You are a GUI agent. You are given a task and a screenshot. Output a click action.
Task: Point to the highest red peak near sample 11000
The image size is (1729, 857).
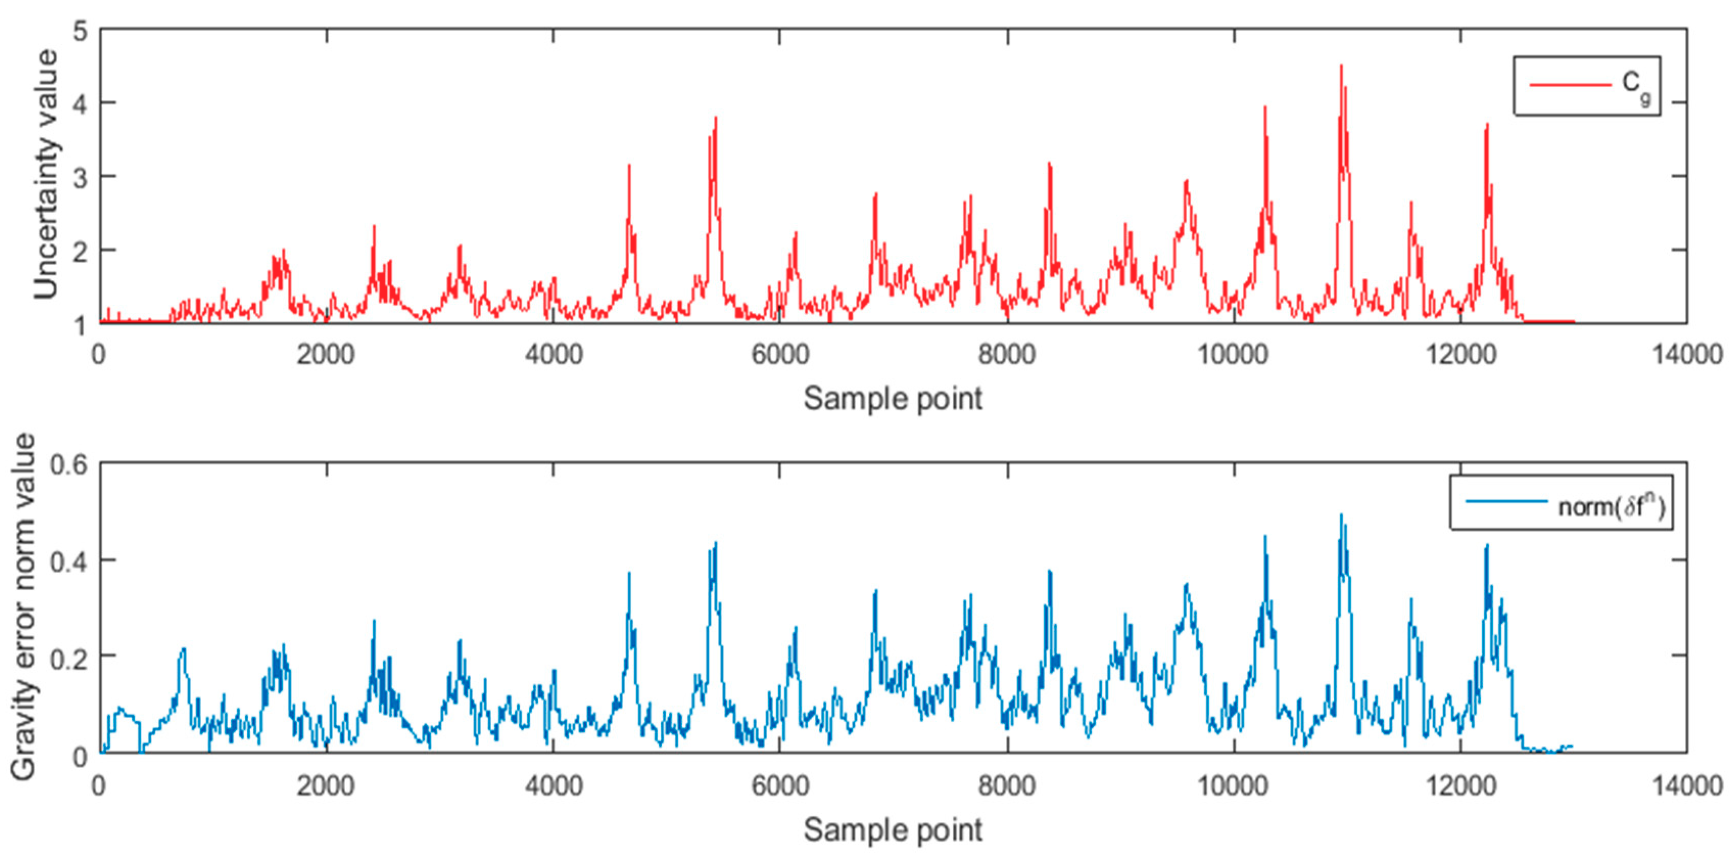click(x=1341, y=66)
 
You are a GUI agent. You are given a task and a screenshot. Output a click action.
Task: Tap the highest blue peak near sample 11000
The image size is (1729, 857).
click(x=1341, y=515)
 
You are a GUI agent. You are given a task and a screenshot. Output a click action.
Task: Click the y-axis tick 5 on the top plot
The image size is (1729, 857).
click(x=81, y=31)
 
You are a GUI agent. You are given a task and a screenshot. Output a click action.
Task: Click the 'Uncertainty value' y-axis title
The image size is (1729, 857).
click(x=45, y=175)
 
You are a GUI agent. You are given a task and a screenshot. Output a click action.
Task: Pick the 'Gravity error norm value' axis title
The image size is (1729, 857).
click(x=24, y=607)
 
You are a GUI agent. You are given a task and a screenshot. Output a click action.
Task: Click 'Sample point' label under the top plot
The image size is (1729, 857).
click(x=893, y=398)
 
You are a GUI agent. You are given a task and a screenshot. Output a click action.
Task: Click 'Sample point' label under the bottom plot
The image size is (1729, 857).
click(x=893, y=829)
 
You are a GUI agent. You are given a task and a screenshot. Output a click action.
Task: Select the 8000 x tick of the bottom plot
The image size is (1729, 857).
click(x=1007, y=785)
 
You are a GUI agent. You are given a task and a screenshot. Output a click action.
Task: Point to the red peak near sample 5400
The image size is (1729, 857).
click(x=715, y=118)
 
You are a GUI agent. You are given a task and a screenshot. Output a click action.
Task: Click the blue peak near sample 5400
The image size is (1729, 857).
click(x=715, y=542)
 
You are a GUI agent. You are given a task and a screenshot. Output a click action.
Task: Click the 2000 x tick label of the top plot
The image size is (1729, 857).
click(x=326, y=354)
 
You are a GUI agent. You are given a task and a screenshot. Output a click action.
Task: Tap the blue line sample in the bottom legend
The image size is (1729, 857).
click(x=1506, y=501)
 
